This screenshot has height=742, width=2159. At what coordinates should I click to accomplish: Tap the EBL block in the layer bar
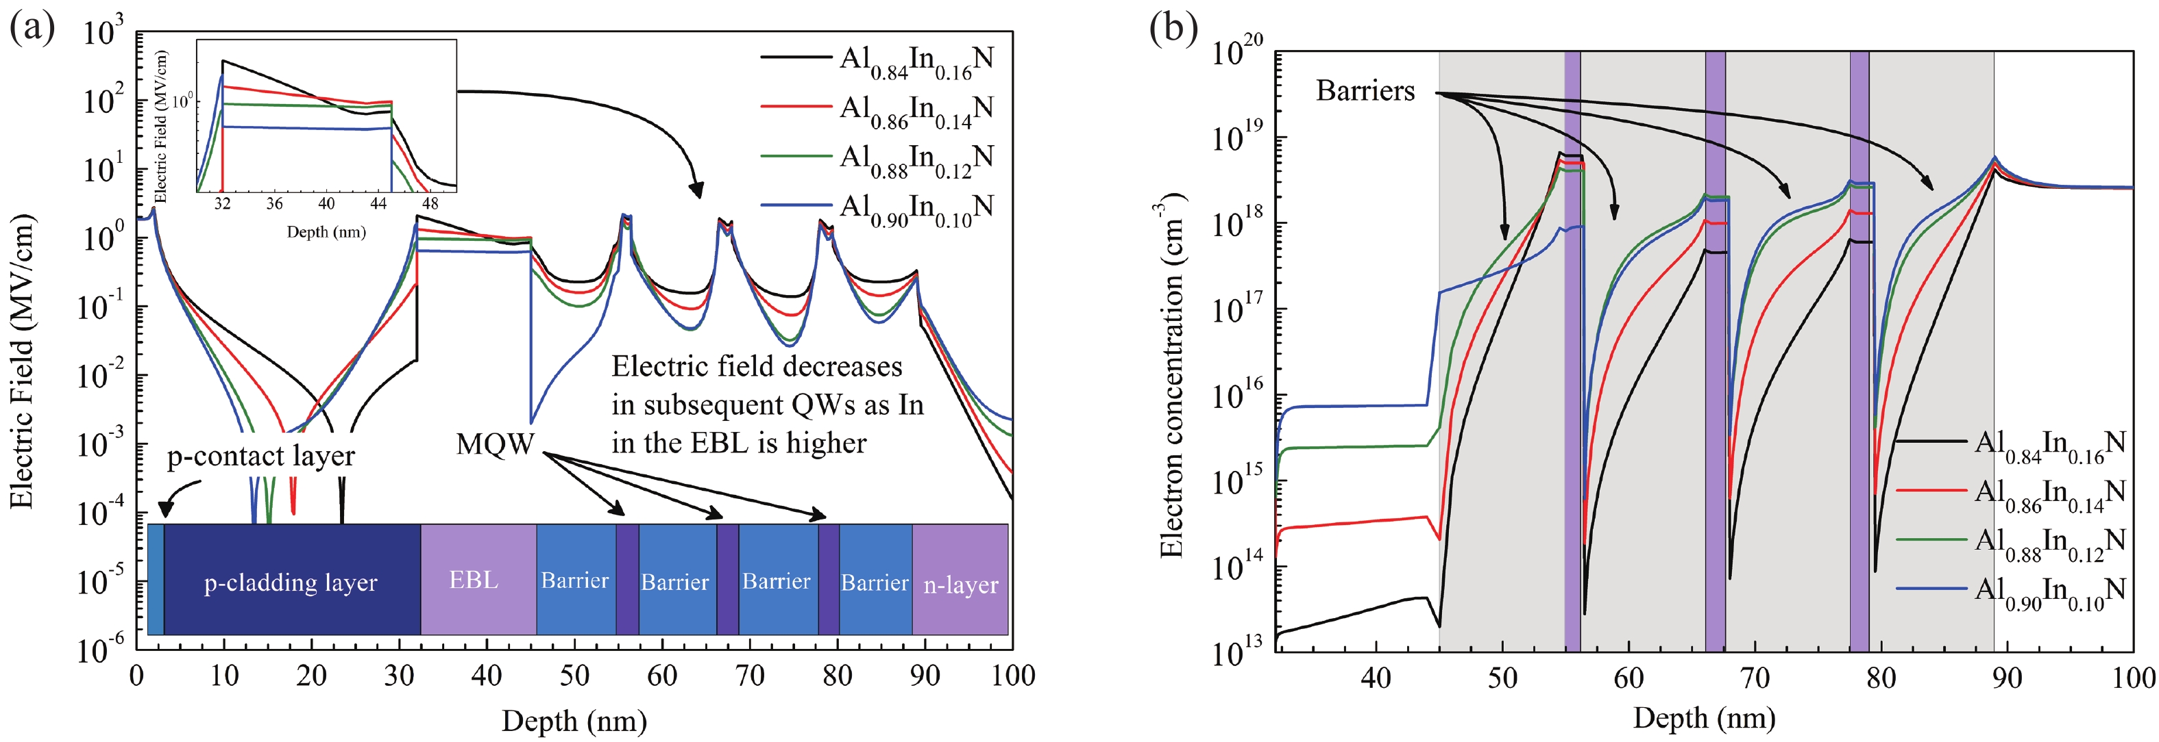tap(474, 580)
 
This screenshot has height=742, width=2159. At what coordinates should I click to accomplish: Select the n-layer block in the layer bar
tap(960, 584)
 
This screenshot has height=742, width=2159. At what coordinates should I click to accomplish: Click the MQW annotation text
tap(494, 444)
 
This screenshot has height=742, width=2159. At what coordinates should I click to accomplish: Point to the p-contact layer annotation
tap(260, 456)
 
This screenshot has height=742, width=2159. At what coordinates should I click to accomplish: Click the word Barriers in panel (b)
tap(1365, 90)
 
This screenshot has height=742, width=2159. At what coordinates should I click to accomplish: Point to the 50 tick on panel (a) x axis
tap(574, 676)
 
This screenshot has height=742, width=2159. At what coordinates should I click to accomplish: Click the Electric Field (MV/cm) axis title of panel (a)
tap(22, 360)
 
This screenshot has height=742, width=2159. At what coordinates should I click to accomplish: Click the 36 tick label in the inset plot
tap(274, 203)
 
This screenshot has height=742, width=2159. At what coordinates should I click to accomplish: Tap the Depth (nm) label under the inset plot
tap(326, 232)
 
